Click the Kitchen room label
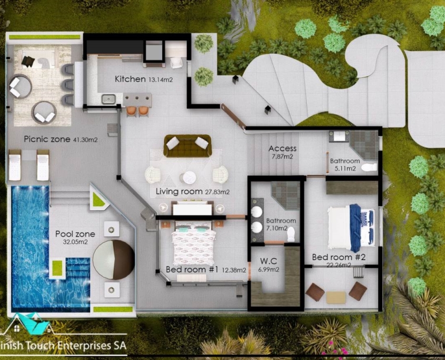(130, 79)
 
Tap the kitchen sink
(108, 99)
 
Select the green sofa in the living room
(187, 146)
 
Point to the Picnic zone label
(47, 139)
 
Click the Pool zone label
(75, 234)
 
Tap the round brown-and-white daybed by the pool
(114, 259)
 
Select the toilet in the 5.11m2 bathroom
(369, 167)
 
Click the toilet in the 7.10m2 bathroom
(291, 235)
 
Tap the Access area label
(282, 148)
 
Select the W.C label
(269, 261)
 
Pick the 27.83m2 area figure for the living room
(217, 192)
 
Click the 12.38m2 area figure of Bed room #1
(234, 270)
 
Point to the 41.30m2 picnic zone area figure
(85, 140)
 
